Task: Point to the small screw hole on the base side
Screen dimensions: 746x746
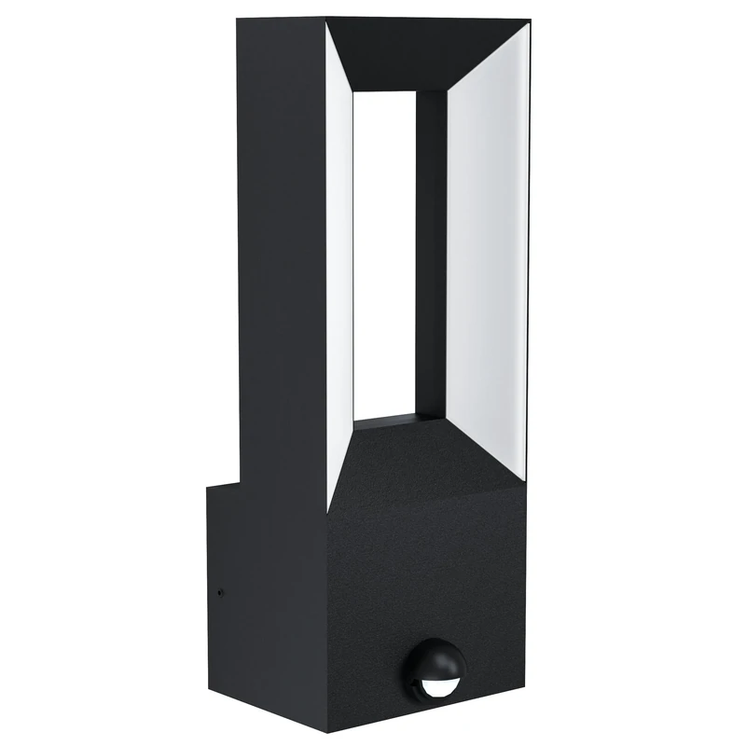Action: tap(220, 591)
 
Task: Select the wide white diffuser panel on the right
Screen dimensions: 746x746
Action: tap(485, 261)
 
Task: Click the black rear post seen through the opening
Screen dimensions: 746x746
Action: tap(431, 252)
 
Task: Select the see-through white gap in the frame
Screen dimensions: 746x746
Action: tap(384, 261)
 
